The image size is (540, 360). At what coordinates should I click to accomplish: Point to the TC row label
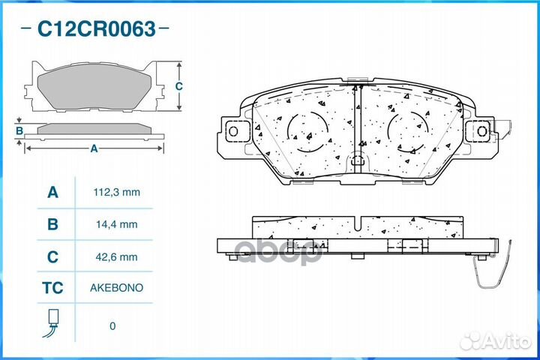(x=52, y=288)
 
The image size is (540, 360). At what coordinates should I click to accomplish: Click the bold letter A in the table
(x=52, y=193)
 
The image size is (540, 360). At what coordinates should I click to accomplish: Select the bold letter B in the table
(x=52, y=224)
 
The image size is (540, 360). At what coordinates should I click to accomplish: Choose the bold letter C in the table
(x=52, y=256)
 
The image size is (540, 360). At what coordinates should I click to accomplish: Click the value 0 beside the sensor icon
(x=112, y=325)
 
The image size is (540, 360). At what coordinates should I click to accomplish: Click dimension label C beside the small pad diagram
(x=178, y=86)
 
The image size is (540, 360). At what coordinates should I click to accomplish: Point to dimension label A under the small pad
(x=94, y=148)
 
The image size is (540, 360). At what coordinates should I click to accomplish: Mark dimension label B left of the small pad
(x=20, y=132)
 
